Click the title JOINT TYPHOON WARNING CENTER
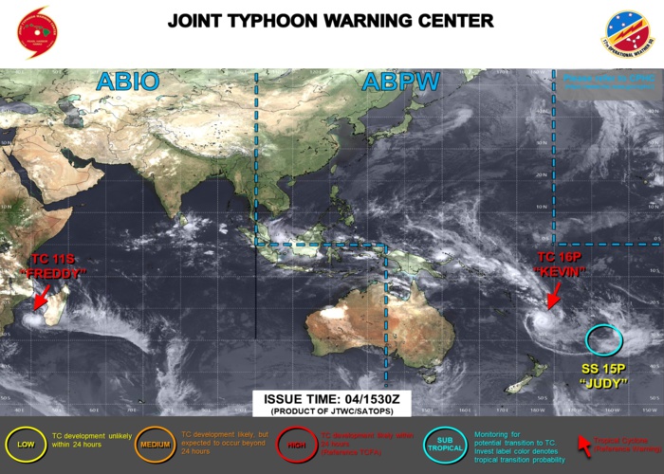pos(330,20)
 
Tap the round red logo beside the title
pos(35,32)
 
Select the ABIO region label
pos(127,82)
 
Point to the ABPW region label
pos(400,82)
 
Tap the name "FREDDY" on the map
pos(51,272)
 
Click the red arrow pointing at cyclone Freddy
pos(41,297)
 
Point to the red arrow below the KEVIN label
pos(554,295)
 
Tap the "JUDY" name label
pos(603,384)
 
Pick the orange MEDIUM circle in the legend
pos(155,443)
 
